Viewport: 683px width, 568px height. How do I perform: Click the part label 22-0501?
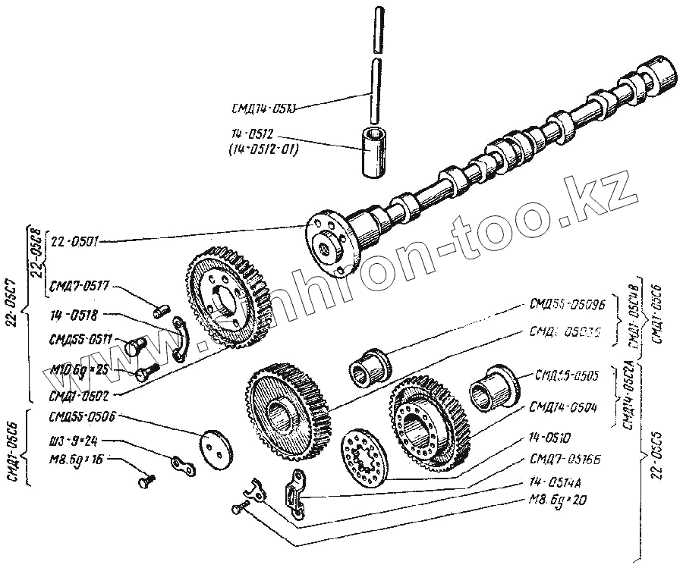coord(72,242)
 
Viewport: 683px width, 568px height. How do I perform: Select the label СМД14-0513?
coord(263,108)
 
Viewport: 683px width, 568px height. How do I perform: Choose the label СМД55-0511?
coord(79,340)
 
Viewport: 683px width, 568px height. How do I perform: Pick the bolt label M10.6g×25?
coord(80,369)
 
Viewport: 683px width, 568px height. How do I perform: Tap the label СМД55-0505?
coord(567,374)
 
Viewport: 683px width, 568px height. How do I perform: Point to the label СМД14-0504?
coord(565,407)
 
